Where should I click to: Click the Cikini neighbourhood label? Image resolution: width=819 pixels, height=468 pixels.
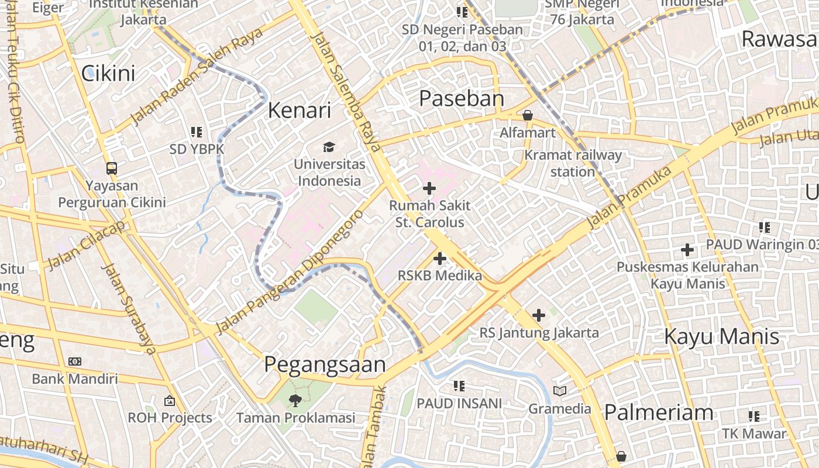pyautogui.click(x=108, y=73)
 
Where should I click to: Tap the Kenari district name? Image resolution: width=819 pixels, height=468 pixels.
pyautogui.click(x=300, y=110)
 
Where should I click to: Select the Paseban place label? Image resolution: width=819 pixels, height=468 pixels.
pyautogui.click(x=462, y=98)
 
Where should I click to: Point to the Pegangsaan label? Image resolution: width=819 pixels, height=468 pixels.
pyautogui.click(x=325, y=364)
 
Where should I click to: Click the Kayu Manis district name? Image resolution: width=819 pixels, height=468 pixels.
pyautogui.click(x=722, y=336)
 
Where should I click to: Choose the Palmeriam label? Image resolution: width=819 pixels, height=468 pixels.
pyautogui.click(x=659, y=412)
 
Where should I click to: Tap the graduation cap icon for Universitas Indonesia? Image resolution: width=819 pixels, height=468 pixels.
pyautogui.click(x=329, y=146)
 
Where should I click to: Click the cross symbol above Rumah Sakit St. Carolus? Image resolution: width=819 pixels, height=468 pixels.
pyautogui.click(x=429, y=188)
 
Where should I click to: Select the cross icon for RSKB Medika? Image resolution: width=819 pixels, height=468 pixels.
pyautogui.click(x=440, y=258)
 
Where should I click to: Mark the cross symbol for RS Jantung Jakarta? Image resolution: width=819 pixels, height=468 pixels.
pyautogui.click(x=539, y=315)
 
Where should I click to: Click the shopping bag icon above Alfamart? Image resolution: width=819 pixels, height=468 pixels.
pyautogui.click(x=528, y=115)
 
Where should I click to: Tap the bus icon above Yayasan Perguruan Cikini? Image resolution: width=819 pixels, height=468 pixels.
pyautogui.click(x=112, y=168)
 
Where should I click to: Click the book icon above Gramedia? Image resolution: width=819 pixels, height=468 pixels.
pyautogui.click(x=560, y=391)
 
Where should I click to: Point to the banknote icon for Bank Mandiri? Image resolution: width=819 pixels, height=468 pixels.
pyautogui.click(x=75, y=362)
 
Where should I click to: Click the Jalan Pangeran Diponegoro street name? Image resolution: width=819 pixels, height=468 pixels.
pyautogui.click(x=290, y=272)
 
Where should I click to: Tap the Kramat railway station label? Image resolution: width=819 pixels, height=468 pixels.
pyautogui.click(x=573, y=163)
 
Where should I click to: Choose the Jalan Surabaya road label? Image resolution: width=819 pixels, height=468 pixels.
pyautogui.click(x=129, y=309)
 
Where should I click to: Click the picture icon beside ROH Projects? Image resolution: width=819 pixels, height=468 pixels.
pyautogui.click(x=170, y=401)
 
